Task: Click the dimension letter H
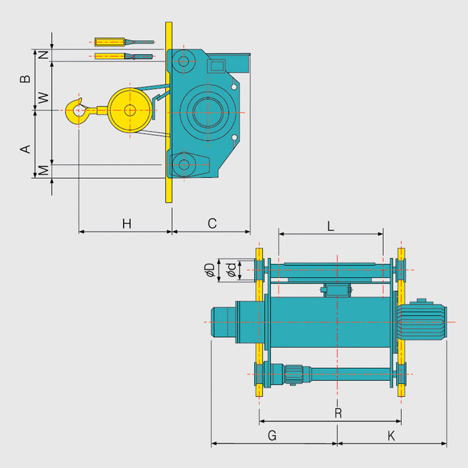(x=127, y=223)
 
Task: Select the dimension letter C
(x=212, y=223)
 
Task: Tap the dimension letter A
(x=26, y=149)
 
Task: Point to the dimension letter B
(x=26, y=79)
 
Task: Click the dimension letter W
(x=43, y=98)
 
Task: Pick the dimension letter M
(x=43, y=170)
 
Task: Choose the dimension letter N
(x=43, y=55)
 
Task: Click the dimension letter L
(x=331, y=227)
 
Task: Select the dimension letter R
(x=338, y=412)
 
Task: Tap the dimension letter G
(x=272, y=436)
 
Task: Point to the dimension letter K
(x=391, y=436)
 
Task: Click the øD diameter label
(x=210, y=270)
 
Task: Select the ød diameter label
(x=230, y=270)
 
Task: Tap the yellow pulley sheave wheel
(x=129, y=111)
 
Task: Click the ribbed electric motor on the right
(x=423, y=321)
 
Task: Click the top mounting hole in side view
(x=182, y=62)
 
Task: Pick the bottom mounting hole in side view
(x=182, y=165)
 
